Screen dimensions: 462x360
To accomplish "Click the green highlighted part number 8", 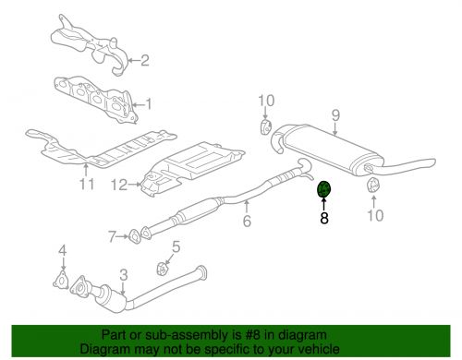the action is [x=323, y=189].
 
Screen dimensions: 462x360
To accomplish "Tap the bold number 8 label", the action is [x=324, y=218].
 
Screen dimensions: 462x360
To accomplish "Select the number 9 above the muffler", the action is [x=335, y=115].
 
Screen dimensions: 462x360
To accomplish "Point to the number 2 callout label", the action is [x=145, y=60].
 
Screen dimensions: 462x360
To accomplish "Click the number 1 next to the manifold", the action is [x=149, y=104].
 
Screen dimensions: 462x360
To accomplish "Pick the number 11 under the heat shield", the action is [x=87, y=184].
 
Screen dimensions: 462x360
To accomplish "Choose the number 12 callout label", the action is [x=119, y=185].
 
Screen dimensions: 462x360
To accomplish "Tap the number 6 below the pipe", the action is [x=247, y=221].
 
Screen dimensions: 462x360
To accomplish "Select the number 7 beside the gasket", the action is [x=112, y=236].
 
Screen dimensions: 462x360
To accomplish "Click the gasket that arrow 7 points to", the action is [x=134, y=236].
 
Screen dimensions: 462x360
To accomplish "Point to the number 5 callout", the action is [x=176, y=246].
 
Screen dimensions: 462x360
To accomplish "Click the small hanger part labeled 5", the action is [x=163, y=269].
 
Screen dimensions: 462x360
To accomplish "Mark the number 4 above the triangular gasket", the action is [x=63, y=251].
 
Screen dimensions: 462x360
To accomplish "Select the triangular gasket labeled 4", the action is [x=61, y=280].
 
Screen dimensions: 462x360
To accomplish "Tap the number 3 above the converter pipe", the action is [x=124, y=274].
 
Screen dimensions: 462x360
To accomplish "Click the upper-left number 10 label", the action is [x=266, y=101].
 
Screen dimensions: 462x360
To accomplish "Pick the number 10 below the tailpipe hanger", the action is [x=376, y=215].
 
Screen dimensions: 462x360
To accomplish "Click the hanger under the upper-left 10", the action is [x=266, y=127].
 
